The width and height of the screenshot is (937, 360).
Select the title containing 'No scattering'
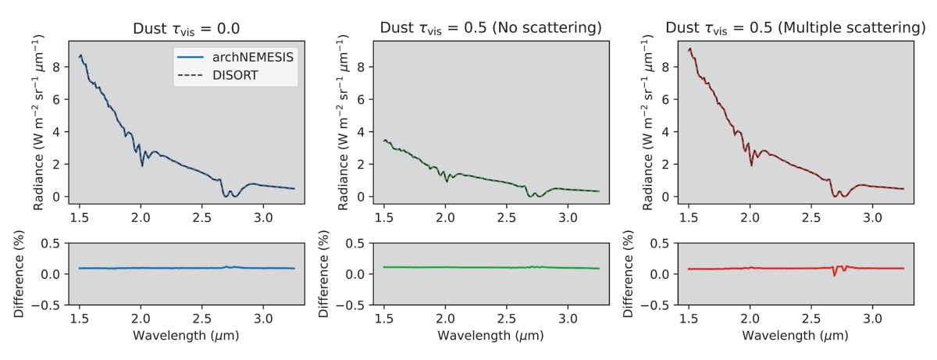coord(490,28)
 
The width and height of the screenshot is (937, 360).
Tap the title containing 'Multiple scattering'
coord(795,28)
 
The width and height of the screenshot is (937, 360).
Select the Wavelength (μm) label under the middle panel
coord(490,337)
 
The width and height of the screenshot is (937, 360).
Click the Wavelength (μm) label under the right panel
coord(795,337)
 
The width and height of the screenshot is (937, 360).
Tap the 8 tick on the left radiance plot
coord(56,67)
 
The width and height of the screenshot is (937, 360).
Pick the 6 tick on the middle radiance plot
coord(361,99)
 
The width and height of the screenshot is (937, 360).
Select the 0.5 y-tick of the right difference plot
coord(661,243)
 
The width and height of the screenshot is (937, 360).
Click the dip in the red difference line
coord(835,275)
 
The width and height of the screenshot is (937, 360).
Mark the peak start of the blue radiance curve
coord(80,55)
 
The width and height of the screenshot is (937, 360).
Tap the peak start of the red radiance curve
coord(689,49)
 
